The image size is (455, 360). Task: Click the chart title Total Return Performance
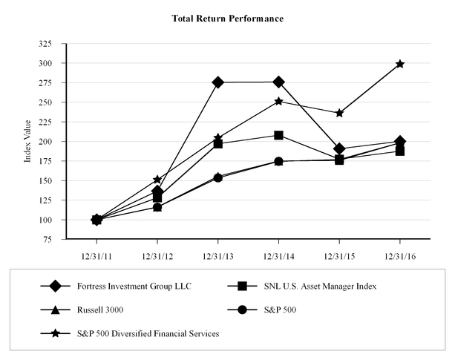[227, 17]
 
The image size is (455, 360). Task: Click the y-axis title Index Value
[27, 141]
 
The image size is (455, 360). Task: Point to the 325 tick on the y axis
[52, 44]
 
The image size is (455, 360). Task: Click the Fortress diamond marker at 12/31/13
[217, 82]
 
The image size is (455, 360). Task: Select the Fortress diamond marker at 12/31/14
[278, 82]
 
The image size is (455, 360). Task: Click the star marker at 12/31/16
[400, 64]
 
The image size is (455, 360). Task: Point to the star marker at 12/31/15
[339, 113]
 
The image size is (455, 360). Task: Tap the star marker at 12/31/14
[278, 101]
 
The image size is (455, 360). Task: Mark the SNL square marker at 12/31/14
[278, 135]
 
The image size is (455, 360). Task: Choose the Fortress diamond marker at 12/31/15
[339, 148]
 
